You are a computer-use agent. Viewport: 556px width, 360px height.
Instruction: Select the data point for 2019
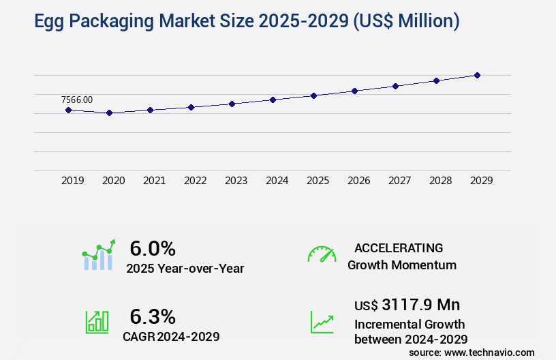[68, 110]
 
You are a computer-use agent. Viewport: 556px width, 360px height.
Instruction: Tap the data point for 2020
[109, 113]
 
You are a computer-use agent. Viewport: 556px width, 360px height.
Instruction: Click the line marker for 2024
[273, 100]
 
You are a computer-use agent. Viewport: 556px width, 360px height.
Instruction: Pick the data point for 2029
[477, 75]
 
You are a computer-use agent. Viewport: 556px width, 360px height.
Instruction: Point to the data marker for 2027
[395, 86]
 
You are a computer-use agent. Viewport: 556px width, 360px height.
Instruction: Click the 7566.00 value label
[77, 100]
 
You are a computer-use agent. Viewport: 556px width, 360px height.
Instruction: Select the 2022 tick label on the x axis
[195, 181]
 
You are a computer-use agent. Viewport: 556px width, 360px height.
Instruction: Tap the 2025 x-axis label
[318, 181]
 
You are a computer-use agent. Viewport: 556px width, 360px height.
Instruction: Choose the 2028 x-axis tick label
[440, 181]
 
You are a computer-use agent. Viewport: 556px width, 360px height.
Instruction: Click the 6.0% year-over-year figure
[153, 248]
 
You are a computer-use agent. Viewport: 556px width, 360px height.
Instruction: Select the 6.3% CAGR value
[153, 316]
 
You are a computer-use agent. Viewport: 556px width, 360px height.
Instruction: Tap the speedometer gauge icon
[322, 254]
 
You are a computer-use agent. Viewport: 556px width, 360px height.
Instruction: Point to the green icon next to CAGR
[96, 321]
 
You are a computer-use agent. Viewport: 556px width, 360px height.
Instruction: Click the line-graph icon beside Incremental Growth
[322, 321]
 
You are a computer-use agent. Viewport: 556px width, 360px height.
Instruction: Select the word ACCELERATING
[399, 248]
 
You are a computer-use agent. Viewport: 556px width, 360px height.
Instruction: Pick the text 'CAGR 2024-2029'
[171, 336]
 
